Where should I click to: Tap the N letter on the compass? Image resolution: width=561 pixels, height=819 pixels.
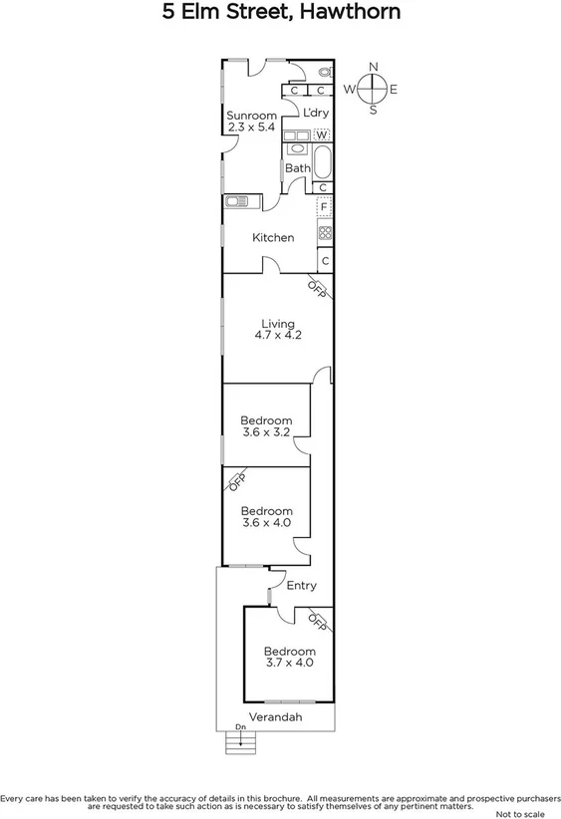374,67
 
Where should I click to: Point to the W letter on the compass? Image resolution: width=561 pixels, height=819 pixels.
350,90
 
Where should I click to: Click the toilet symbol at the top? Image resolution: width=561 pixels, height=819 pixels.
325,73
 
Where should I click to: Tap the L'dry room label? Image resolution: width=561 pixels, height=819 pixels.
316,113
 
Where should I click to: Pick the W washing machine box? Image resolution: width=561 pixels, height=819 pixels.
322,134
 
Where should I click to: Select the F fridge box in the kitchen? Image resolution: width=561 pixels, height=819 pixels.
323,207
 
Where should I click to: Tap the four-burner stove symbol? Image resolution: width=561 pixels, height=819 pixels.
324,233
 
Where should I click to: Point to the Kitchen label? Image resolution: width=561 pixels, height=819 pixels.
272,238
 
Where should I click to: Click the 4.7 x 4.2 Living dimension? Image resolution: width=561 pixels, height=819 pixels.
278,336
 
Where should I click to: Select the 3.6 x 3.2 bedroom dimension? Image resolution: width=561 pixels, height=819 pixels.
266,433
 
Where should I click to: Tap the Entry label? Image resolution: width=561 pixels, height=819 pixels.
301,586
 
